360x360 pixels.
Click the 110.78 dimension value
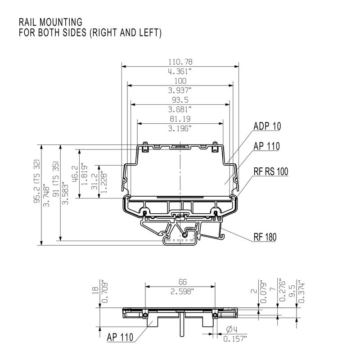point(180,62)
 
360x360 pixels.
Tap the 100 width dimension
point(180,81)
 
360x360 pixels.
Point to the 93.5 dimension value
point(180,100)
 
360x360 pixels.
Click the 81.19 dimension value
point(180,119)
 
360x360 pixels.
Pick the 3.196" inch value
point(180,129)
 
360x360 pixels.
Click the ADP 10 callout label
point(267,126)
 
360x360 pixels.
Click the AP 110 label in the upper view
point(266,146)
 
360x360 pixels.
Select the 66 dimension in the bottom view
point(180,282)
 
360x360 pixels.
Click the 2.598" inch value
point(180,292)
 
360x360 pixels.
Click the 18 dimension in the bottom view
point(94,291)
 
